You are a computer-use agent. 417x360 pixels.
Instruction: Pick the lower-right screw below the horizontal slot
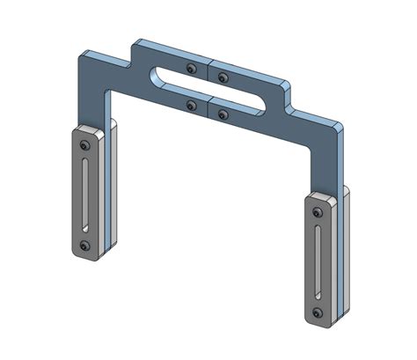220,114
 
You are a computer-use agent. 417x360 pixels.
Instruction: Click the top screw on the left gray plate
84,144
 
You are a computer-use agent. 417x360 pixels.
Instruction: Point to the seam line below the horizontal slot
208,108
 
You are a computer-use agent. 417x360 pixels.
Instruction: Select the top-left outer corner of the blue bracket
81,55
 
